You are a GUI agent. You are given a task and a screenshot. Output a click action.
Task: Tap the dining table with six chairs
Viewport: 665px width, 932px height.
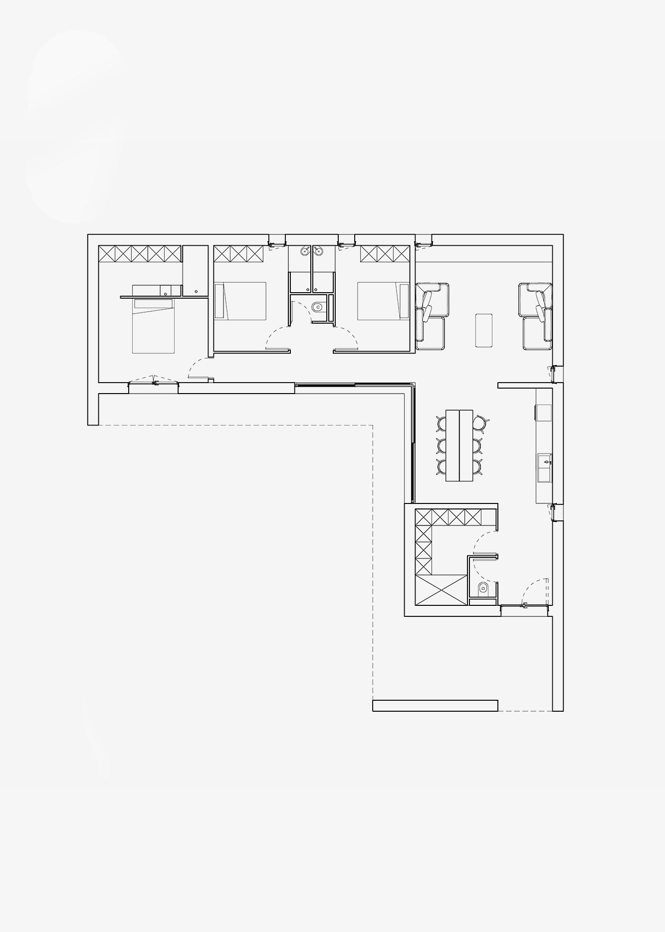(x=459, y=445)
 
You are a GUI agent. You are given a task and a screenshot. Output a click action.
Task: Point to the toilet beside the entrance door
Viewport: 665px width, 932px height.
(x=482, y=589)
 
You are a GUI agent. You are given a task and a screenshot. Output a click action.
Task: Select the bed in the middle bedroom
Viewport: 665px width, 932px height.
(x=240, y=301)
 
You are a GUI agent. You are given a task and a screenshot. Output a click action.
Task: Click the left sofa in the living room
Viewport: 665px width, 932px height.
(x=430, y=316)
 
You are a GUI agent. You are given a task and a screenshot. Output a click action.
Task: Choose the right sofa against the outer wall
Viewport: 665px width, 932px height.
(x=536, y=316)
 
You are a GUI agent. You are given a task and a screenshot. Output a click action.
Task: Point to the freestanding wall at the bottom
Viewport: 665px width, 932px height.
(x=435, y=705)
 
